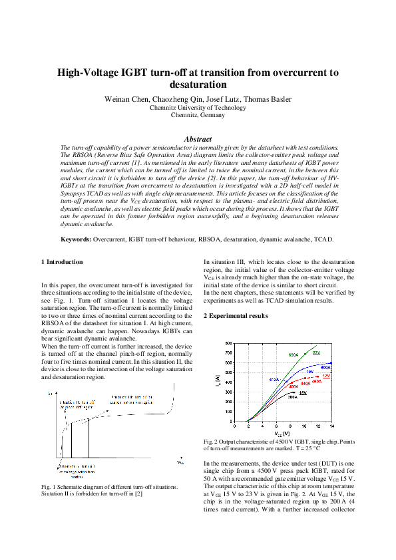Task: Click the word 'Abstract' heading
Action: pos(198,139)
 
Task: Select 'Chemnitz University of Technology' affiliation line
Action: pos(198,107)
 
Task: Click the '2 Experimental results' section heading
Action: pos(236,315)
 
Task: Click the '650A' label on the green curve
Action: pos(293,355)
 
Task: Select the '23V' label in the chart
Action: pos(316,352)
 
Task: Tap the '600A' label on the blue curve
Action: pos(325,366)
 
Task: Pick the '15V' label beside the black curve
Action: pos(302,393)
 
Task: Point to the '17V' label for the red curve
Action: pos(325,376)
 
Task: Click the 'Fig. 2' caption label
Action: pos(211,442)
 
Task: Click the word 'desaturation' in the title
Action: pos(198,85)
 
